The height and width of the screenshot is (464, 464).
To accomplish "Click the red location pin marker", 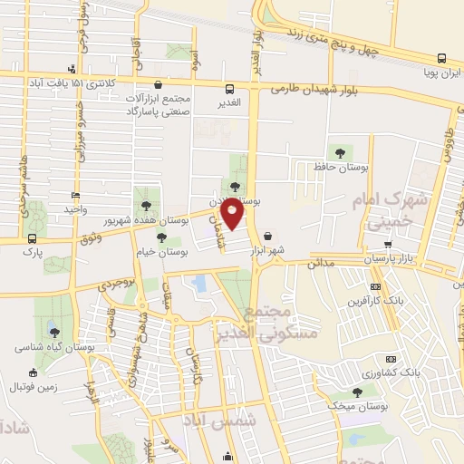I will (x=233, y=213).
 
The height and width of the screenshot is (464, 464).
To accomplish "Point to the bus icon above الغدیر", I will (x=230, y=89).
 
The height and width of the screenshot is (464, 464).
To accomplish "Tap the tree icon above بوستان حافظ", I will (x=340, y=152).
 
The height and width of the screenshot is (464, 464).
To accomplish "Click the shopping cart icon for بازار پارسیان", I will (x=388, y=245).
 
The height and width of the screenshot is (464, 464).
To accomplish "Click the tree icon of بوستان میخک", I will (x=359, y=391).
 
